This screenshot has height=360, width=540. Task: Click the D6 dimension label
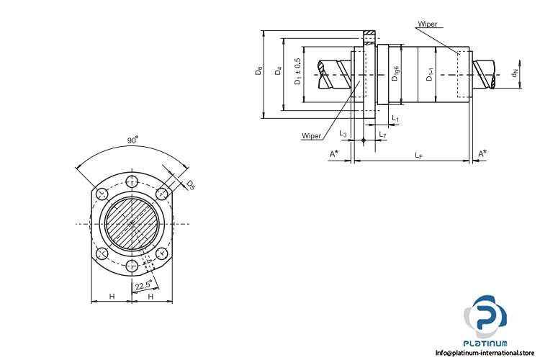[x=258, y=73]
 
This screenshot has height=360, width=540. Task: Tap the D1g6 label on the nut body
[x=396, y=72]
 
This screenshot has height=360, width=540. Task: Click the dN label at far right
[x=514, y=73]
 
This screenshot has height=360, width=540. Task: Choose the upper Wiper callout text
[x=427, y=24]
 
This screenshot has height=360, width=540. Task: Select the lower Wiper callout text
[x=311, y=135]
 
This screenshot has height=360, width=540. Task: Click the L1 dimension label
[x=395, y=117]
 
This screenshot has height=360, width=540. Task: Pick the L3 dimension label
[x=343, y=135]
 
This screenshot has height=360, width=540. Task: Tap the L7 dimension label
[x=382, y=135]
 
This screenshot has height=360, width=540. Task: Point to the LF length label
[x=418, y=154]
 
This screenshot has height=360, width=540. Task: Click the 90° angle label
[x=132, y=141]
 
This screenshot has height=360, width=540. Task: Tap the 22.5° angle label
[x=144, y=286]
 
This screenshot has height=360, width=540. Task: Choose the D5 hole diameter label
[x=191, y=185]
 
